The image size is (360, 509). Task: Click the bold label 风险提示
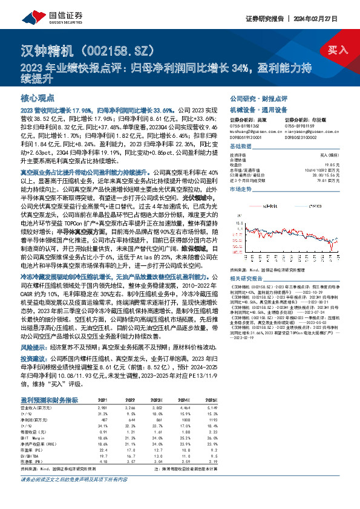34,349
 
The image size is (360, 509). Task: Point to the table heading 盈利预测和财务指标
49,400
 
